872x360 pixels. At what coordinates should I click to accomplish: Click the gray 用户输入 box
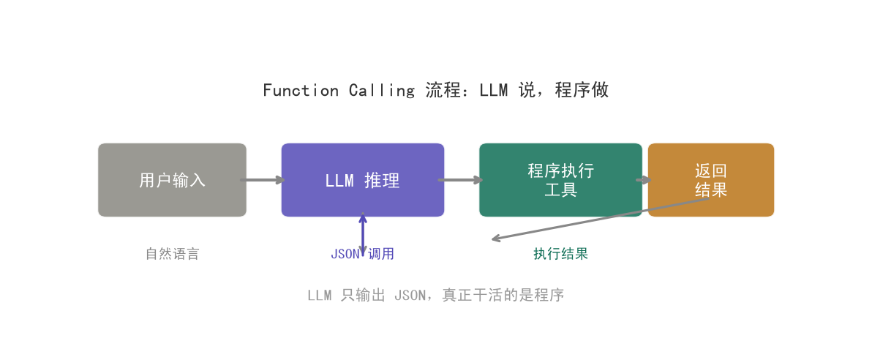[x=172, y=180]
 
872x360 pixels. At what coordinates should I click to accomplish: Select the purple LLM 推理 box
[x=363, y=180]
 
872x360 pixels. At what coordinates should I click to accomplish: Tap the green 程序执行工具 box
[x=560, y=180]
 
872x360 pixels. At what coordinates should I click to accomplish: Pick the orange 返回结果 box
[x=711, y=180]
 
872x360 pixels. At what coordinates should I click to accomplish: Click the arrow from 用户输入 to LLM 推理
[x=263, y=180]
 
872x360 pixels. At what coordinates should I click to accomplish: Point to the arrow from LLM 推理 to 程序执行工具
[x=460, y=180]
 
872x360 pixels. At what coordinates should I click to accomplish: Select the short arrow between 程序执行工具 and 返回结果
[x=644, y=180]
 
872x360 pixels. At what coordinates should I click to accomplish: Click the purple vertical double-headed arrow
[x=363, y=234]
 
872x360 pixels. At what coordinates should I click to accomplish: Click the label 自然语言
[x=172, y=254]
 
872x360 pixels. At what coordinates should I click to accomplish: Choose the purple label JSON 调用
[x=363, y=254]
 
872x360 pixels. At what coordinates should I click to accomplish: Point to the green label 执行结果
[x=560, y=254]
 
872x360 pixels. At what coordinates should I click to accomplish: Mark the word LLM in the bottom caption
[x=319, y=295]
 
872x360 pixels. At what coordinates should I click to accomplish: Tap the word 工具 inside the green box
[x=560, y=190]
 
